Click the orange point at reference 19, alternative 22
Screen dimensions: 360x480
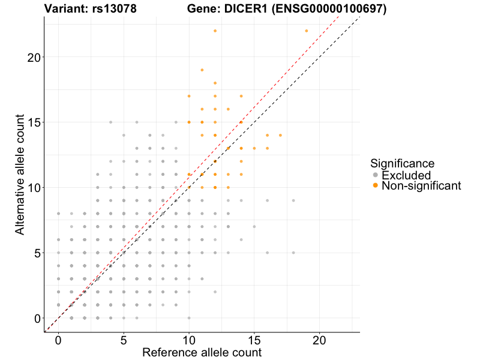307,31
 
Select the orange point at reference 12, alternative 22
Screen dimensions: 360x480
215,31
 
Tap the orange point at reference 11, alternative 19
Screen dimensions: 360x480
202,70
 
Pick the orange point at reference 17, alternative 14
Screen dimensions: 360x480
280,135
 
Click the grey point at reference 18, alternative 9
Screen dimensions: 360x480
293,200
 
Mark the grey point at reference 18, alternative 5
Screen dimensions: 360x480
293,253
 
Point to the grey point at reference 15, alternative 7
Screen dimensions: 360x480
254,227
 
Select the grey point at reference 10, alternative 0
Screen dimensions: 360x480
189,318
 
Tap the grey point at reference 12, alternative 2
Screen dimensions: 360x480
215,292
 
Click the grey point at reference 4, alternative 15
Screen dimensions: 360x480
110,122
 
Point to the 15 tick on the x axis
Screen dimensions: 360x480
254,332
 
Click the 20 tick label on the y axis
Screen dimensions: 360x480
34,57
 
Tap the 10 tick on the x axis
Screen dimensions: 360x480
189,332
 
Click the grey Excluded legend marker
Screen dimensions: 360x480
376,175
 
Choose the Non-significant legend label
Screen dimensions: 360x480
421,186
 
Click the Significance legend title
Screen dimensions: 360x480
402,163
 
